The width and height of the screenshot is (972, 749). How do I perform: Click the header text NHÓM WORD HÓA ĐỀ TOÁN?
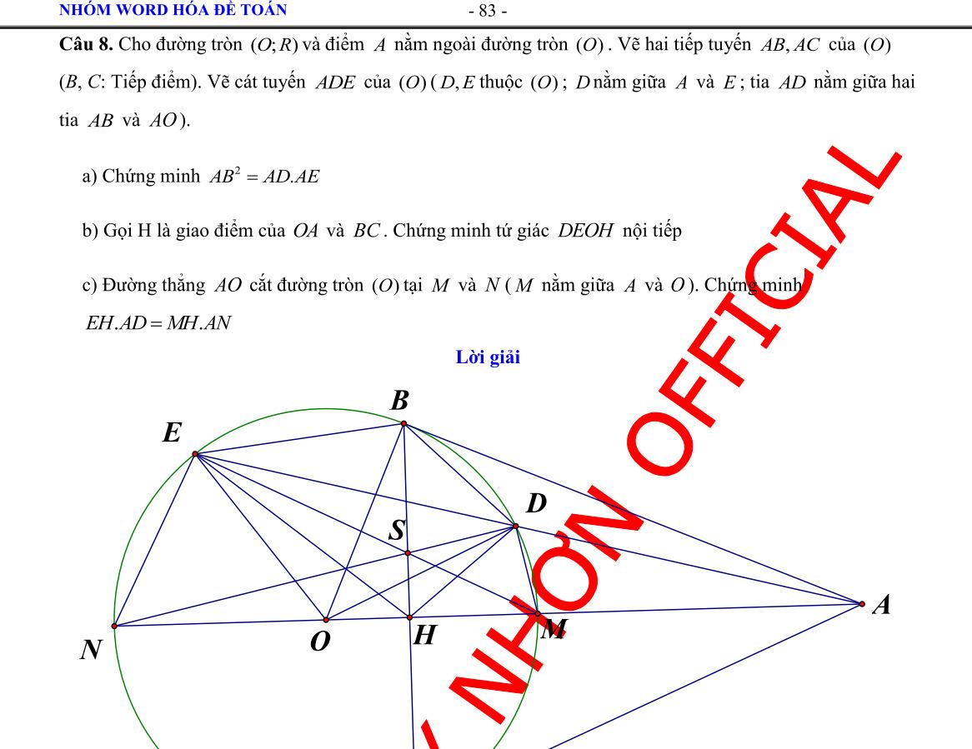pos(173,10)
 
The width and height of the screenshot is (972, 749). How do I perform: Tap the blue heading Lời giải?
pos(488,358)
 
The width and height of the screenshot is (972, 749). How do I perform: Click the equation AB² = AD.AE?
pos(265,177)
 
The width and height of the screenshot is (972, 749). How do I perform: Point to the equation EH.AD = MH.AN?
pos(158,323)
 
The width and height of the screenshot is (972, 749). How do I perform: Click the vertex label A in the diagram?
pos(880,606)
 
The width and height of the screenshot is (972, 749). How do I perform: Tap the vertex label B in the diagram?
pos(400,402)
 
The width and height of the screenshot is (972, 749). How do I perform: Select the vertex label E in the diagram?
pos(172,433)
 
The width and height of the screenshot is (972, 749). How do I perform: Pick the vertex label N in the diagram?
pos(91,651)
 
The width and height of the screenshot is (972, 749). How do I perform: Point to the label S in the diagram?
pos(398,530)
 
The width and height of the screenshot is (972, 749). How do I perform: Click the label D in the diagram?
pos(536,504)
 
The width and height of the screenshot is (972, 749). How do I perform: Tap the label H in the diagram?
pos(424,637)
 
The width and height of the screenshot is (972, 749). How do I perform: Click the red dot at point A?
pos(862,603)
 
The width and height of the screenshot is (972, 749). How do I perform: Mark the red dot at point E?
pos(195,454)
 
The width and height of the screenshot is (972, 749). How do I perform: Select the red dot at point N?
pos(114,626)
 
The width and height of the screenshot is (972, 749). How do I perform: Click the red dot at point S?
pos(408,552)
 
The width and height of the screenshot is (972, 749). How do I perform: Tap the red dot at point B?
pos(403,424)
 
